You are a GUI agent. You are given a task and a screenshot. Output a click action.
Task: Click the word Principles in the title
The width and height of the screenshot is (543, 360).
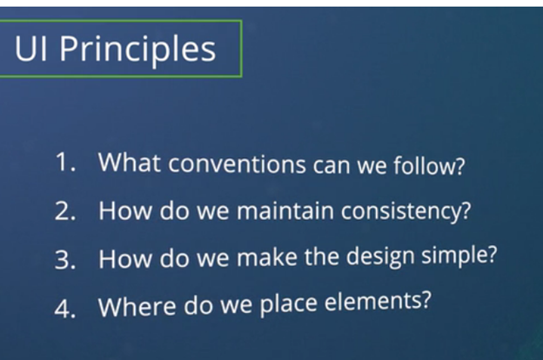137,49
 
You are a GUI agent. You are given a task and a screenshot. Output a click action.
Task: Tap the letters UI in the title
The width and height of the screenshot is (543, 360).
30,48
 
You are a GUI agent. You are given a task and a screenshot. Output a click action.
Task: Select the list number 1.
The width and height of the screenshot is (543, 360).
65,162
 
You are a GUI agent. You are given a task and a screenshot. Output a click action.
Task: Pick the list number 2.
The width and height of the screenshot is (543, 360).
65,210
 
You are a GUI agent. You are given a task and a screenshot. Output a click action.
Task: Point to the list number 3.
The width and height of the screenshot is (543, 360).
65,259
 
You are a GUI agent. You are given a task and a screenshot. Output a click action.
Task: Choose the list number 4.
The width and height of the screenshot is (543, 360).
65,308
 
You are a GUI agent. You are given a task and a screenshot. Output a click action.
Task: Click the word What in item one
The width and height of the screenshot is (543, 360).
130,162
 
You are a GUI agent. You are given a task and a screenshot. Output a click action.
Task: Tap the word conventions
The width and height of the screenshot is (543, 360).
237,163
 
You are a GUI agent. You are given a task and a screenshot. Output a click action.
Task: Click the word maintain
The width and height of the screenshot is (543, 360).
285,210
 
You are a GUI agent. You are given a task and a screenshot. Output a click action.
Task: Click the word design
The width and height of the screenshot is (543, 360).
380,257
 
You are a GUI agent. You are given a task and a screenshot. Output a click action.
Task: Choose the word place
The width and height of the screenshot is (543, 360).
289,304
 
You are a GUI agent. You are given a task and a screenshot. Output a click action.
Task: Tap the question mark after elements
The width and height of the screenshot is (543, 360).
426,300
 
